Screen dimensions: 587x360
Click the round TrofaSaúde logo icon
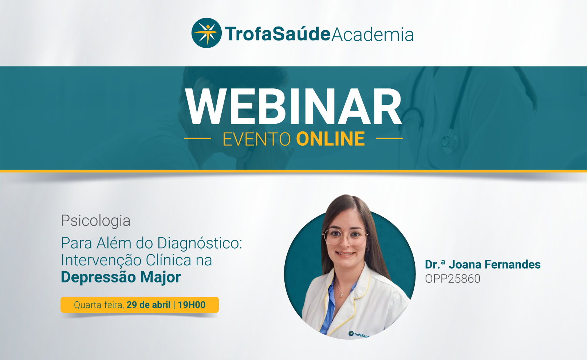pos(206,33)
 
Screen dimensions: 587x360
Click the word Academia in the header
pos(373,34)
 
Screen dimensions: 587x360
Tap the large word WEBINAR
pos(293,107)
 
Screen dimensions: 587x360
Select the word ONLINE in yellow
pos(330,139)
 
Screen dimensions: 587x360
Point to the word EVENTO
pos(257,139)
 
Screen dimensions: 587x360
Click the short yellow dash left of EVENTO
pos(198,138)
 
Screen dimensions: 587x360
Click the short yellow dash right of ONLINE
pos(389,138)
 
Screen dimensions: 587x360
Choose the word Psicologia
pos(96,221)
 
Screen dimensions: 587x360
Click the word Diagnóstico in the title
pos(200,244)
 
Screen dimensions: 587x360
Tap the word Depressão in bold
pos(99,277)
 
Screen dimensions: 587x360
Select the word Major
pos(160,277)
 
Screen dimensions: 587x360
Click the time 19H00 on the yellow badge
pos(192,305)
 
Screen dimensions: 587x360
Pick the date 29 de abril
pos(148,305)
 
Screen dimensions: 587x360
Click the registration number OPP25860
pos(453,279)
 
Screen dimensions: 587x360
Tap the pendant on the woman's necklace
pos(342,295)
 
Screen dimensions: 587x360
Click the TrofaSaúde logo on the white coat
pos(358,334)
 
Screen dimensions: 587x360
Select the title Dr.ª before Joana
pos(435,264)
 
